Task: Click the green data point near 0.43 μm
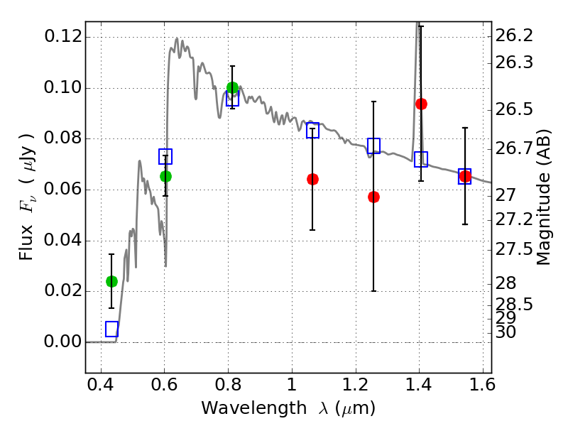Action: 111,281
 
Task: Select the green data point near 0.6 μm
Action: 165,176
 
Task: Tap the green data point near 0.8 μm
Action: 232,88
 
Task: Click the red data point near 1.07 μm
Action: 312,179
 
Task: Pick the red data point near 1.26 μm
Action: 373,197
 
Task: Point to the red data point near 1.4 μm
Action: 421,104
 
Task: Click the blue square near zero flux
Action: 111,329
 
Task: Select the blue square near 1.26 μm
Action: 373,146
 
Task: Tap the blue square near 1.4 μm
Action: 421,159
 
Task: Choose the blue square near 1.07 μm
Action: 312,130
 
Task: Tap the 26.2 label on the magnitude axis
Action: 514,35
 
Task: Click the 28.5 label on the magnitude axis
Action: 514,305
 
